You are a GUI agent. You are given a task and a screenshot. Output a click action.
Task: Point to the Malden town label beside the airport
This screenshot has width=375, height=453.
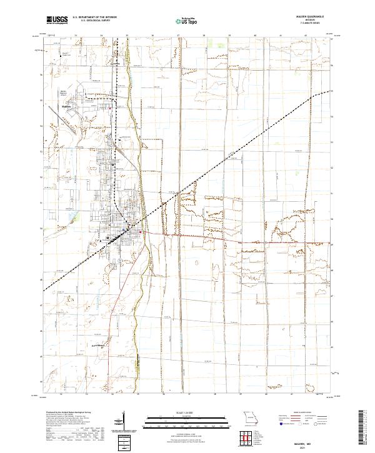[x=67, y=106]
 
